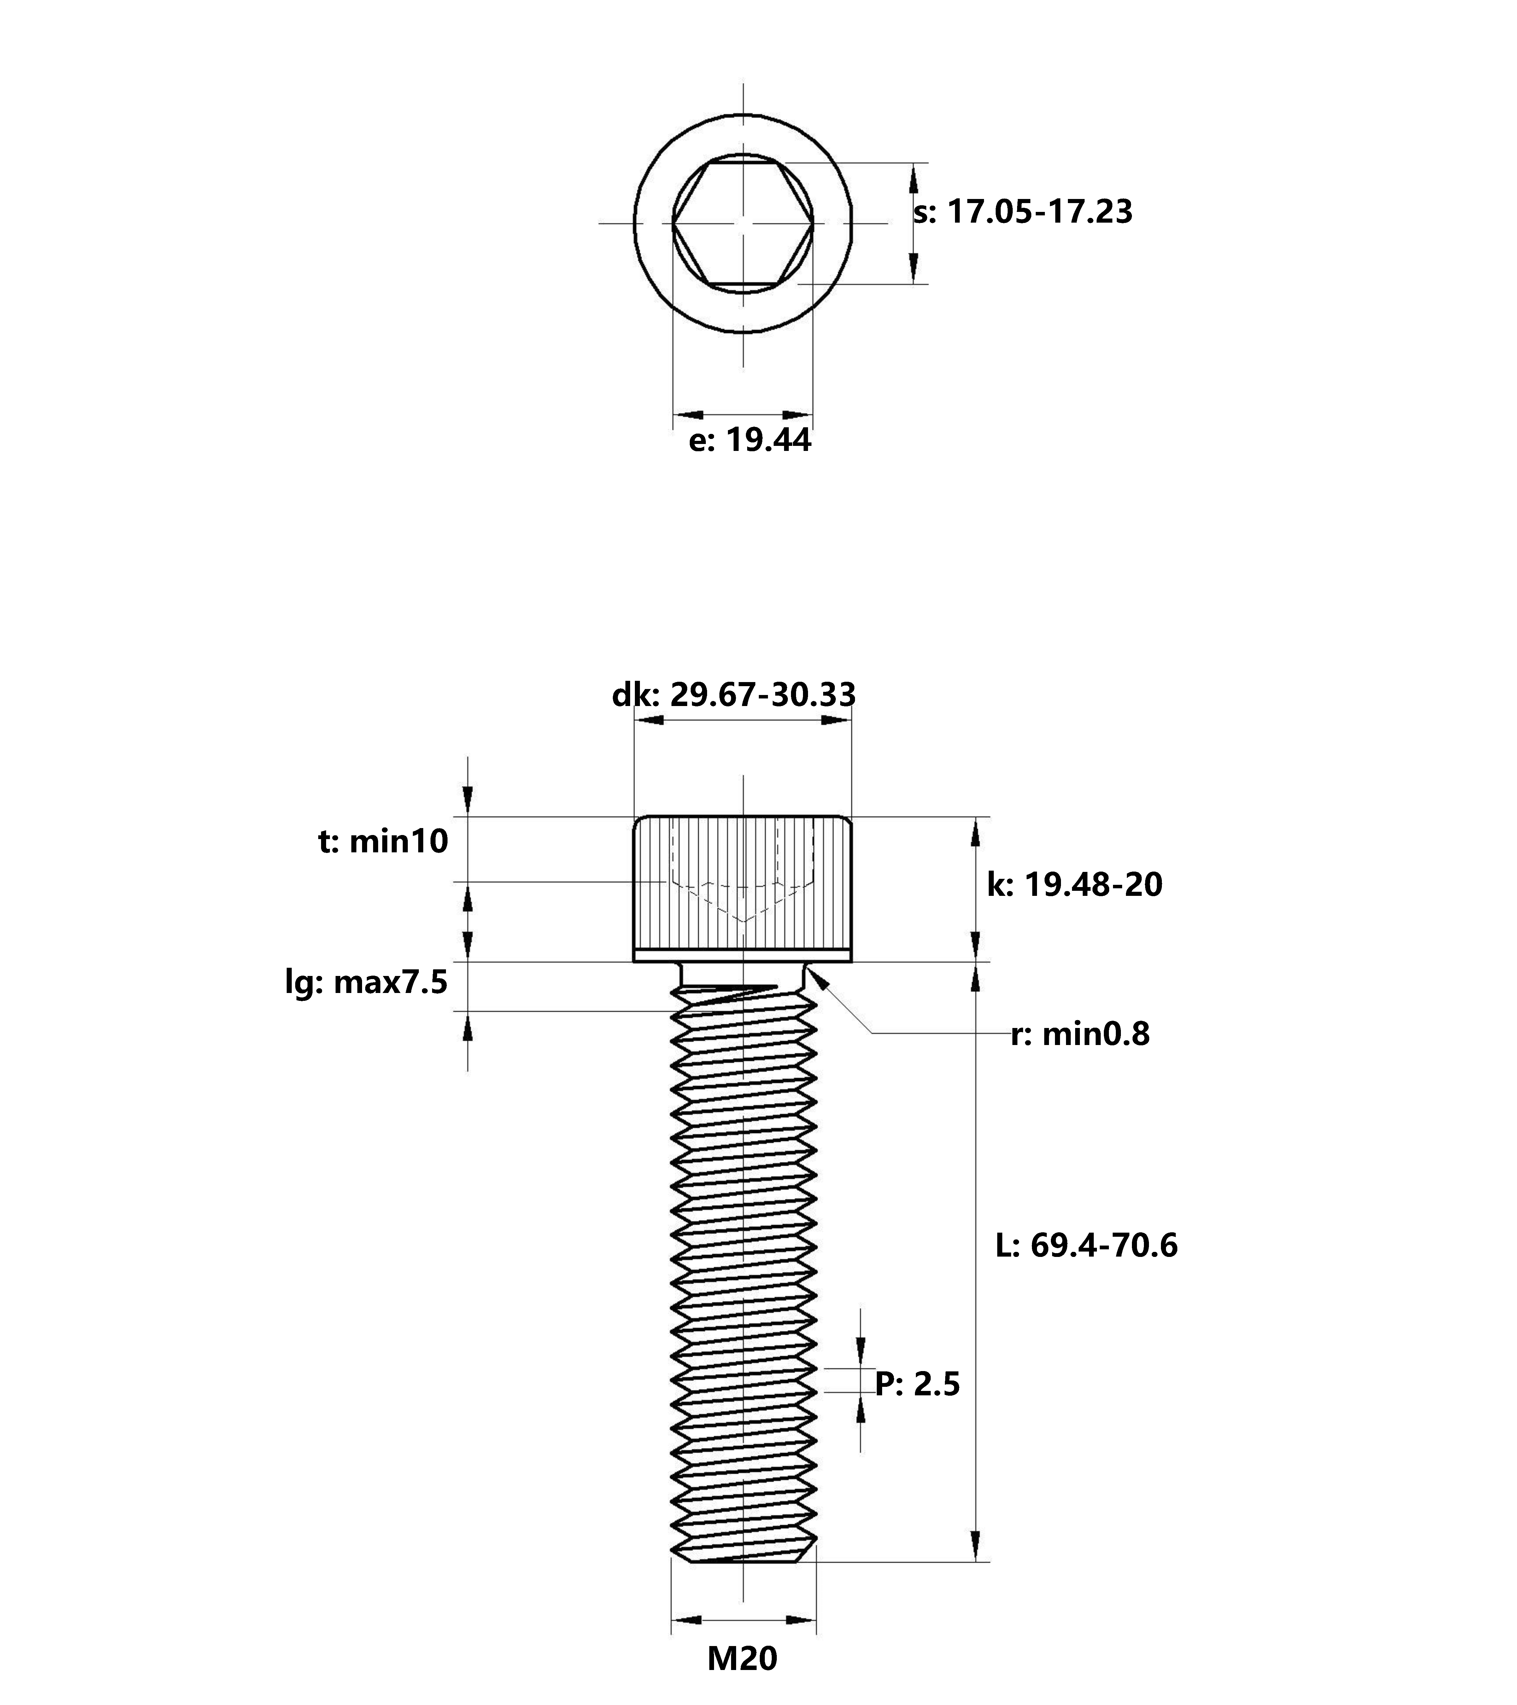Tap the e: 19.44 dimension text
click(749, 441)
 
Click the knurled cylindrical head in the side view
click(743, 889)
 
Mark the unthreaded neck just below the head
click(743, 973)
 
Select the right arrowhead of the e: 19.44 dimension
click(799, 414)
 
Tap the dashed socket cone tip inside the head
click(743, 920)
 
